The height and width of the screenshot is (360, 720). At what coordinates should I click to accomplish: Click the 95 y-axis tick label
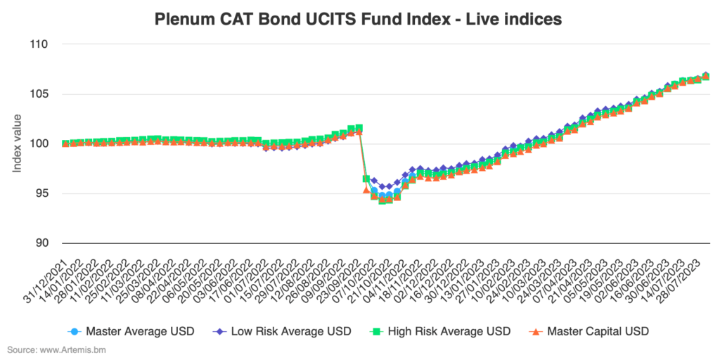click(x=41, y=194)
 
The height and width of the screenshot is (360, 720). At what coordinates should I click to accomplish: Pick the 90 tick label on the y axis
click(x=41, y=243)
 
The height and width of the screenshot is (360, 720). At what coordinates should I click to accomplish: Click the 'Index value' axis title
click(x=17, y=143)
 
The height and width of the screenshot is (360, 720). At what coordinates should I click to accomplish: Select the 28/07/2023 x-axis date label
click(x=686, y=271)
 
